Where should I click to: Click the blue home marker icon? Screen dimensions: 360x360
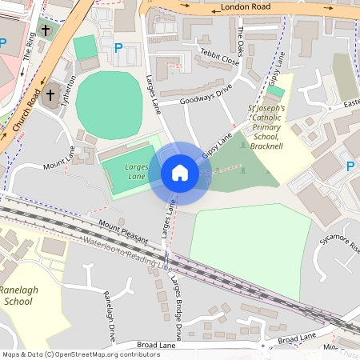180,173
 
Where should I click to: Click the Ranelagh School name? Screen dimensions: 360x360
18,295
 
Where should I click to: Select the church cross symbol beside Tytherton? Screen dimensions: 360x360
50,95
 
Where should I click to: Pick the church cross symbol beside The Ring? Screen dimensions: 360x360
45,30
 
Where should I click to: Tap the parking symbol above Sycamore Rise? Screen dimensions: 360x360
349,166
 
